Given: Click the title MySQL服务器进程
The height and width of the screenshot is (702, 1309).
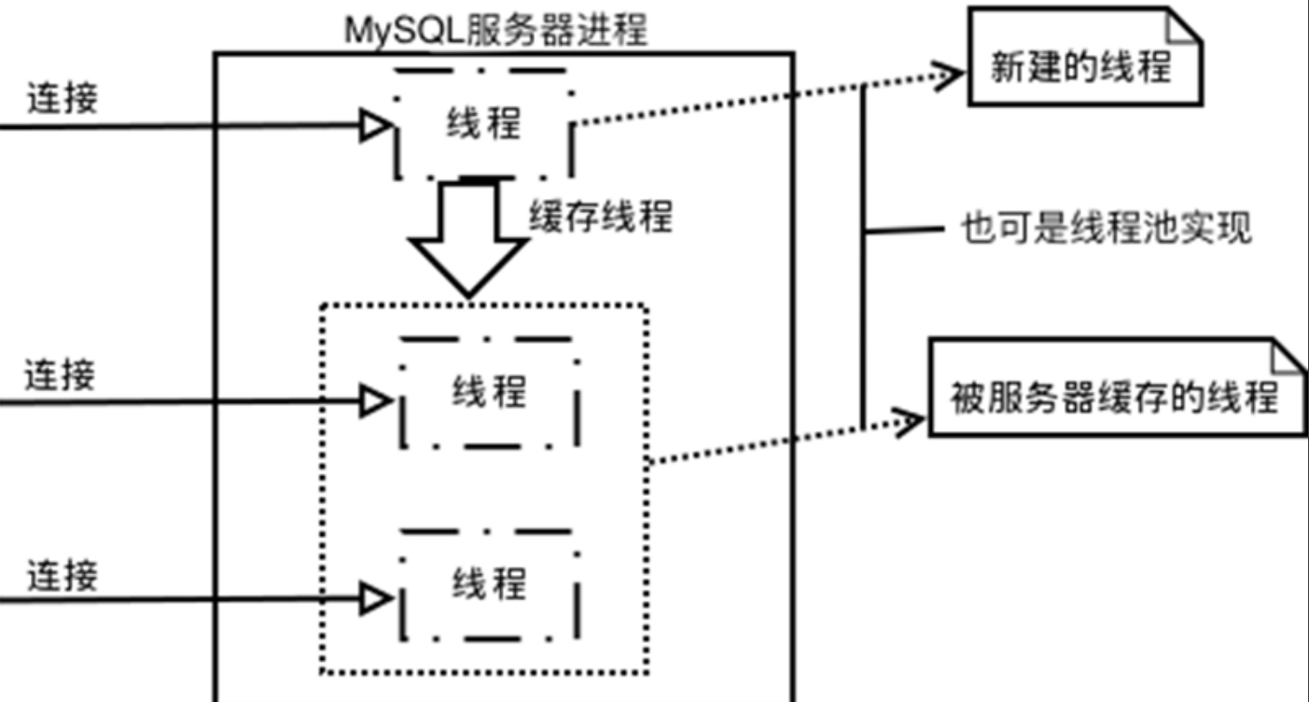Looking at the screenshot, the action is coord(496,30).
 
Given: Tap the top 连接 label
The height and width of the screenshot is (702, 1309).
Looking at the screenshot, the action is coord(63,98).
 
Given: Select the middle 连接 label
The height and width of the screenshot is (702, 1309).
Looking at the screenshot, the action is coord(60,374).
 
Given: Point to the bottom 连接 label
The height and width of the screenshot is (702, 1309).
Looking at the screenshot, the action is coord(63,575).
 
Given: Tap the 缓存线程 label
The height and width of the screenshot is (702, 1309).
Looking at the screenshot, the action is coord(601,217).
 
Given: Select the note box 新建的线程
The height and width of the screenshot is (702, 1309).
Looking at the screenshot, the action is coord(1085,56).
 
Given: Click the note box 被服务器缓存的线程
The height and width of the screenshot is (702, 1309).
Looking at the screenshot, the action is coord(1117,387).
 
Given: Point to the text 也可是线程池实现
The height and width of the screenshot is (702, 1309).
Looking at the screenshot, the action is coord(1107,228).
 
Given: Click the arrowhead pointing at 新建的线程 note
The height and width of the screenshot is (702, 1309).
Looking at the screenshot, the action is coord(948,75).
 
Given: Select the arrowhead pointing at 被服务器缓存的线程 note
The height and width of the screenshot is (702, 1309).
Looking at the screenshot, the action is coord(909,421).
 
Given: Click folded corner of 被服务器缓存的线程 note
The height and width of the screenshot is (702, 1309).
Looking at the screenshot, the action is coord(1288,357).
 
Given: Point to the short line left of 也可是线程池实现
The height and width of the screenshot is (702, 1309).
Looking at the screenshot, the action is coord(904,231).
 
